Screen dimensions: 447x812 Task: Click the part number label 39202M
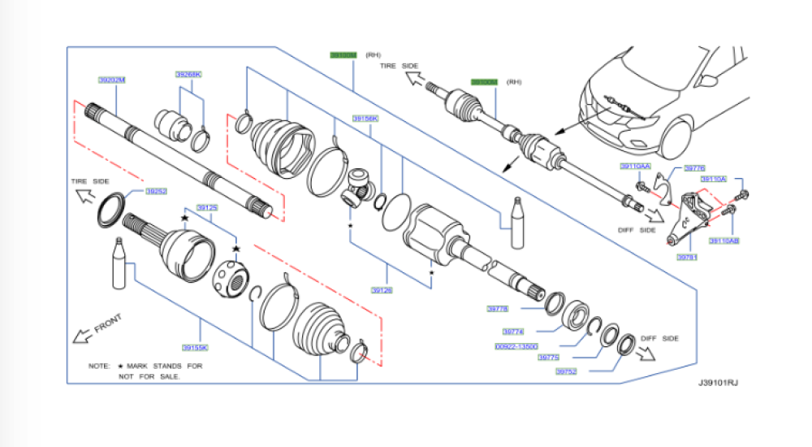point(112,80)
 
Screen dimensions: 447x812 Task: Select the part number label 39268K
point(188,74)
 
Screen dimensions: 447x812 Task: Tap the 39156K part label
point(365,119)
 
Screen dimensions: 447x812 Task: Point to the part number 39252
point(156,192)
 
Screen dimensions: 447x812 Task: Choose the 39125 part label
point(208,208)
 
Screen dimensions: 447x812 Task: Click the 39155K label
point(195,347)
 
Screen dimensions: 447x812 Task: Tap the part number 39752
point(566,371)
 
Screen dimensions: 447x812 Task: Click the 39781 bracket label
point(687,257)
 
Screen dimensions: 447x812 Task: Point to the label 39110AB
point(723,241)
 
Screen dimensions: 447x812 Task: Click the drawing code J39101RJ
point(717,381)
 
